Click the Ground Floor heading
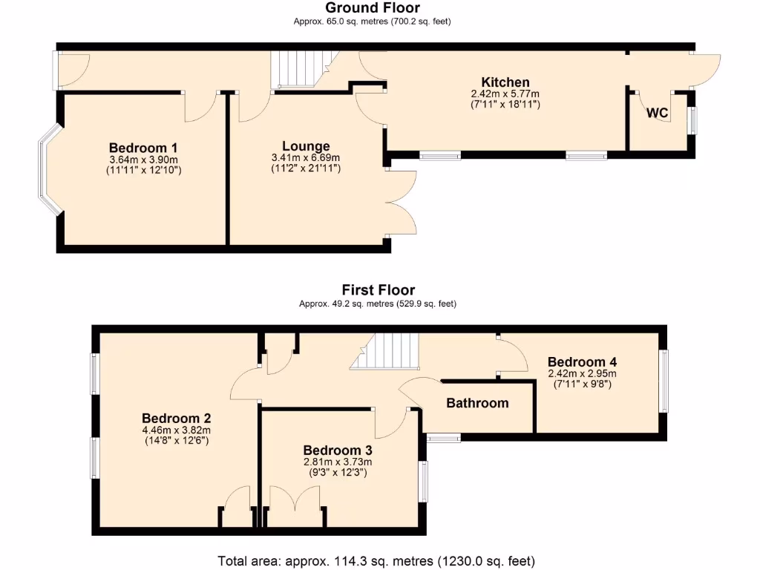(x=372, y=8)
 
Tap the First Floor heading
(x=378, y=289)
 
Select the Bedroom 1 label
(x=143, y=148)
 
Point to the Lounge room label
(x=306, y=146)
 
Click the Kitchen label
(x=505, y=82)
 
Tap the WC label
(x=658, y=114)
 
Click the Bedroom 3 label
(x=338, y=450)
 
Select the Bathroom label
(x=477, y=403)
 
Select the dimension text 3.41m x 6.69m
(x=306, y=157)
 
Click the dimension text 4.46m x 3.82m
(x=176, y=430)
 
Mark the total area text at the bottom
(x=376, y=560)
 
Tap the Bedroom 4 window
(x=664, y=381)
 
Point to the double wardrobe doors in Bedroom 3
(x=295, y=507)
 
